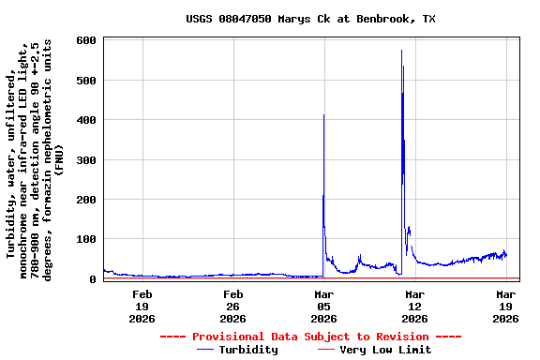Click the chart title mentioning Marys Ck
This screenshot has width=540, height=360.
tap(309, 19)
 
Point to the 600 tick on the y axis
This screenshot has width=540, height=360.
tap(86, 41)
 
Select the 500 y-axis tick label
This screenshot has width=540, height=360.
tap(86, 81)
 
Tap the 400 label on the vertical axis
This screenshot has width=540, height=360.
tap(86, 121)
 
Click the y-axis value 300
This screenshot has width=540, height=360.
tap(86, 160)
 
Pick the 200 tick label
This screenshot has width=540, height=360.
tap(86, 201)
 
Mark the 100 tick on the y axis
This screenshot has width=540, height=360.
tap(86, 240)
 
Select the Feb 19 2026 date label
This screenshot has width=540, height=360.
tap(142, 307)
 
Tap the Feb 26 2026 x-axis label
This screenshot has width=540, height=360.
tap(233, 307)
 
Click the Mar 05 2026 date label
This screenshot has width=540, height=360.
tap(323, 307)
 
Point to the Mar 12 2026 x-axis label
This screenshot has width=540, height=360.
tap(414, 307)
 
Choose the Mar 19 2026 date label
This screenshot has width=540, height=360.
tap(505, 307)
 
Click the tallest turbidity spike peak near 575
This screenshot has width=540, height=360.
tap(401, 51)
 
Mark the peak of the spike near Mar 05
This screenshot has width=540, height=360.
tap(323, 115)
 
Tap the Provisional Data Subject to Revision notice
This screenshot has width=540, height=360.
tap(310, 337)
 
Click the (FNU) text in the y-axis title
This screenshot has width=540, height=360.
tap(58, 159)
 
